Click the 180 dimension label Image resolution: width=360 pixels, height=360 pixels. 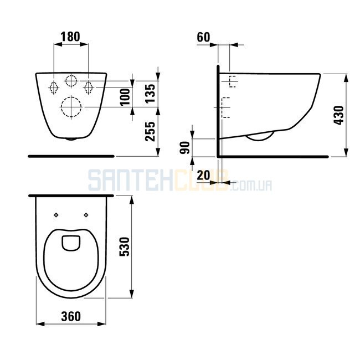pyautogui.click(x=70, y=37)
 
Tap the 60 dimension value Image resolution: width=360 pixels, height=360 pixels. pyautogui.click(x=203, y=37)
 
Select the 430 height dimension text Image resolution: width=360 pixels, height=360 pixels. pyautogui.click(x=339, y=115)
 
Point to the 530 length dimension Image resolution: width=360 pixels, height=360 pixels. pyautogui.click(x=125, y=247)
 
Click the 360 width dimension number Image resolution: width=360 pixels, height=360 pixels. pyautogui.click(x=71, y=316)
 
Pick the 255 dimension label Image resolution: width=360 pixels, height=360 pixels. pyautogui.click(x=151, y=132)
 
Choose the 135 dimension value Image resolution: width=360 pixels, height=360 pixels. pyautogui.click(x=151, y=94)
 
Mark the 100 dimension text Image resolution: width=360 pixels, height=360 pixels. pyautogui.click(x=125, y=97)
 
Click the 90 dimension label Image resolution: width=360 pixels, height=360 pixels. pyautogui.click(x=185, y=148)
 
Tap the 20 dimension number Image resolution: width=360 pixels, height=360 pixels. pyautogui.click(x=203, y=176)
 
